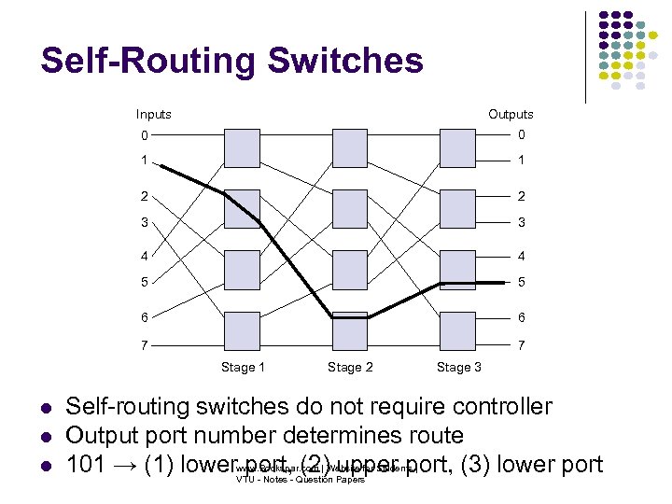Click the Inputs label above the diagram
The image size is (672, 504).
click(x=154, y=114)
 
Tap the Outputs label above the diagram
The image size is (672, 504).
click(x=511, y=114)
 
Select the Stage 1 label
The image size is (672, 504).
click(x=243, y=367)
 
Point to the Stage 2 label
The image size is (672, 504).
click(x=350, y=367)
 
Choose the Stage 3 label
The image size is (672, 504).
click(x=458, y=367)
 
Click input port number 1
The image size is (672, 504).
click(x=144, y=161)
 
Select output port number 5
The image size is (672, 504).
click(x=522, y=283)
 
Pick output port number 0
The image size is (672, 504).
click(x=522, y=135)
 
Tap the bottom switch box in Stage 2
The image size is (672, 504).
click(x=350, y=329)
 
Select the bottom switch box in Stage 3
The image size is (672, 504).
click(x=457, y=329)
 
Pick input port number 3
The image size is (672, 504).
click(x=144, y=223)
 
